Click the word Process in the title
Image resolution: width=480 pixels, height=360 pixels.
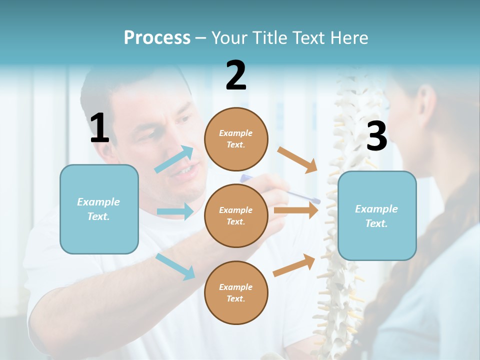tap(157, 38)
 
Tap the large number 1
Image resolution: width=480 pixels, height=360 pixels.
tap(99, 128)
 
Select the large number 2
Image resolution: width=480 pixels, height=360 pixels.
tap(236, 75)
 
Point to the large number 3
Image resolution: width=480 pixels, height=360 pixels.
tap(376, 136)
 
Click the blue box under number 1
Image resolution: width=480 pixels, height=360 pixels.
tap(99, 209)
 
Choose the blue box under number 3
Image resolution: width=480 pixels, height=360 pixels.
tap(377, 215)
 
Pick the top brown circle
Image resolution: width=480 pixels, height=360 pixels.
tap(236, 139)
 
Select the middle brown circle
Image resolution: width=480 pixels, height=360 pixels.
tap(236, 215)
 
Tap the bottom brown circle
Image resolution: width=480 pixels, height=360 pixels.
tap(236, 292)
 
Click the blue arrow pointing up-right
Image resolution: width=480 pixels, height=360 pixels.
tap(175, 159)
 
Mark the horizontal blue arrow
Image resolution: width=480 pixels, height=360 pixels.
tap(175, 211)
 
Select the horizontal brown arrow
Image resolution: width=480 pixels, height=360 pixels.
tap(296, 210)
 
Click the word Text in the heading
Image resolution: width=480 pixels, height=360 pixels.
tap(308, 38)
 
